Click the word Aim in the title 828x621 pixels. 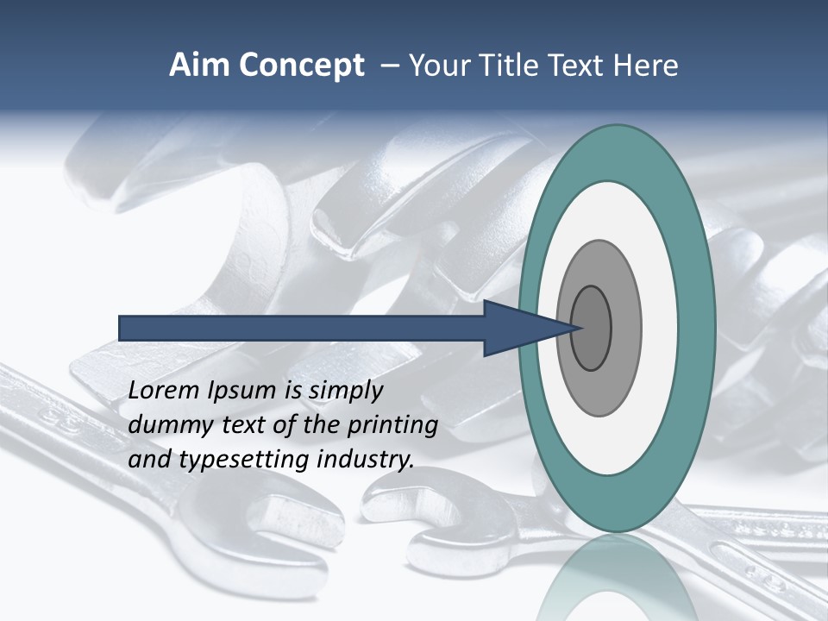coord(198,66)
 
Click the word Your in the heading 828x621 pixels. coord(436,66)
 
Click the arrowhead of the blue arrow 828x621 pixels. coord(517,328)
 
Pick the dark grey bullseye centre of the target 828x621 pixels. coord(592,328)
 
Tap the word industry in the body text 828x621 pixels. coord(366,460)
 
